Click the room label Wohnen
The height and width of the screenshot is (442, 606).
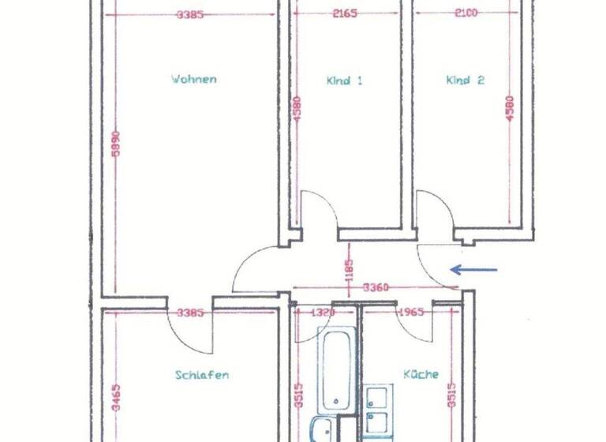coord(193,79)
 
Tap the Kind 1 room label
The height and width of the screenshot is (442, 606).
coord(344,80)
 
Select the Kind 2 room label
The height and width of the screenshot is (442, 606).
coord(465,80)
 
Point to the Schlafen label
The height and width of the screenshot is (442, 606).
coord(202,375)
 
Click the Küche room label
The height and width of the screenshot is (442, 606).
coord(421,374)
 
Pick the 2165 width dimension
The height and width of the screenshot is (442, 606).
coord(345,13)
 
